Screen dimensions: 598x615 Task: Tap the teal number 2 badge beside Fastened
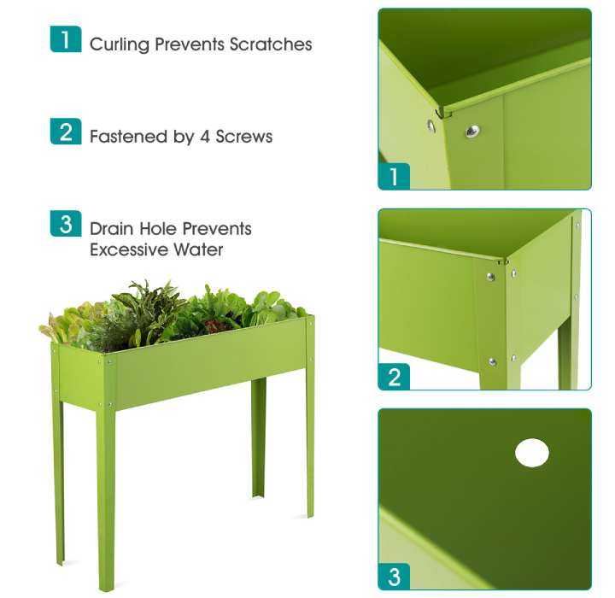tap(66, 132)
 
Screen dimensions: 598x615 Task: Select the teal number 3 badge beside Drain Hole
tap(66, 224)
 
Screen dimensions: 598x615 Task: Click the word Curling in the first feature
tap(119, 45)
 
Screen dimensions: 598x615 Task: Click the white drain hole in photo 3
tap(531, 453)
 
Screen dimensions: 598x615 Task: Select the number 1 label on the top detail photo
tap(394, 177)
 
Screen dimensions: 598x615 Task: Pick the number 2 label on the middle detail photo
tap(394, 377)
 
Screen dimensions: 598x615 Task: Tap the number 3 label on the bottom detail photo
tap(394, 577)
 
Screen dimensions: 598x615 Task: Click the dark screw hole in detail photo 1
tap(471, 131)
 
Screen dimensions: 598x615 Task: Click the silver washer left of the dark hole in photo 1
tap(432, 126)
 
